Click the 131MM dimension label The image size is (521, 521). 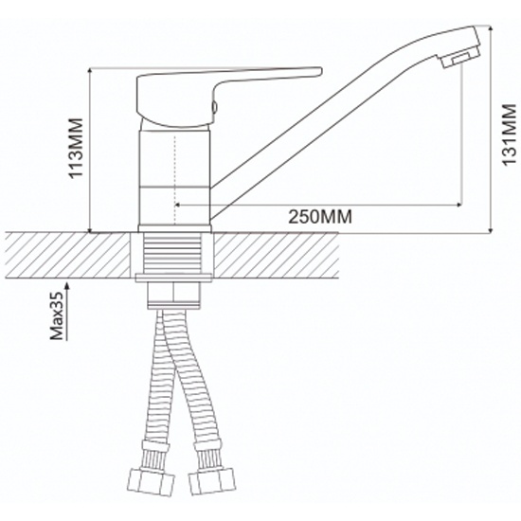[x=509, y=135]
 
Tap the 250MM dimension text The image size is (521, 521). [x=319, y=217]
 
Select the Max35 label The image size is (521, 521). [x=57, y=315]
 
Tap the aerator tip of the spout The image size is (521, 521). [x=460, y=58]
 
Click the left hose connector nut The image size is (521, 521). [x=152, y=482]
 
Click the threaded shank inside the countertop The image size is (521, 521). [x=172, y=253]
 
